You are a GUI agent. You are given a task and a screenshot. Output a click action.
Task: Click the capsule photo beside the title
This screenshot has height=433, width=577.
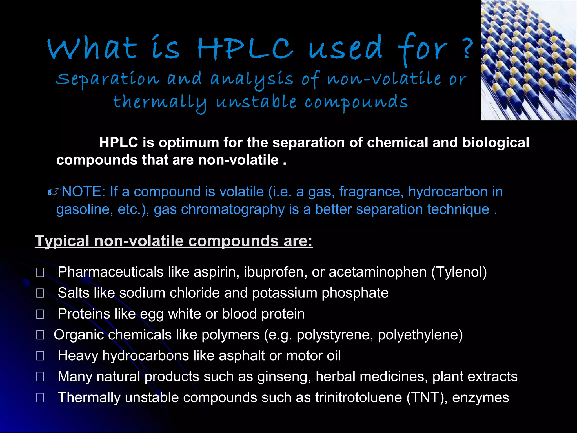[x=529, y=60]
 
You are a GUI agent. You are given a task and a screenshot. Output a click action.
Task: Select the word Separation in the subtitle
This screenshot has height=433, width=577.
[x=107, y=79]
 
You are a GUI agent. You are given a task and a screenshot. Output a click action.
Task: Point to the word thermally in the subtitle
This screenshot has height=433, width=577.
[x=159, y=103]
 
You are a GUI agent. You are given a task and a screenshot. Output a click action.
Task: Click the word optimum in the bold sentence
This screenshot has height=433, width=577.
[x=189, y=142]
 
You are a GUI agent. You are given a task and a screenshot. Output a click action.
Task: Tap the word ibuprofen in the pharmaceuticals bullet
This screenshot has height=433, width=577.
[x=275, y=272]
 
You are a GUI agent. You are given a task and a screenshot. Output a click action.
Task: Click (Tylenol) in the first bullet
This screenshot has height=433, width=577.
[x=459, y=272]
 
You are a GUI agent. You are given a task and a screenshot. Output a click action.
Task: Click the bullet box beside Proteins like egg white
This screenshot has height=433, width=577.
[x=40, y=314]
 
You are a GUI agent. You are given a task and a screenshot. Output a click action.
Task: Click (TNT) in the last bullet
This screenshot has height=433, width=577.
[x=427, y=398]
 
